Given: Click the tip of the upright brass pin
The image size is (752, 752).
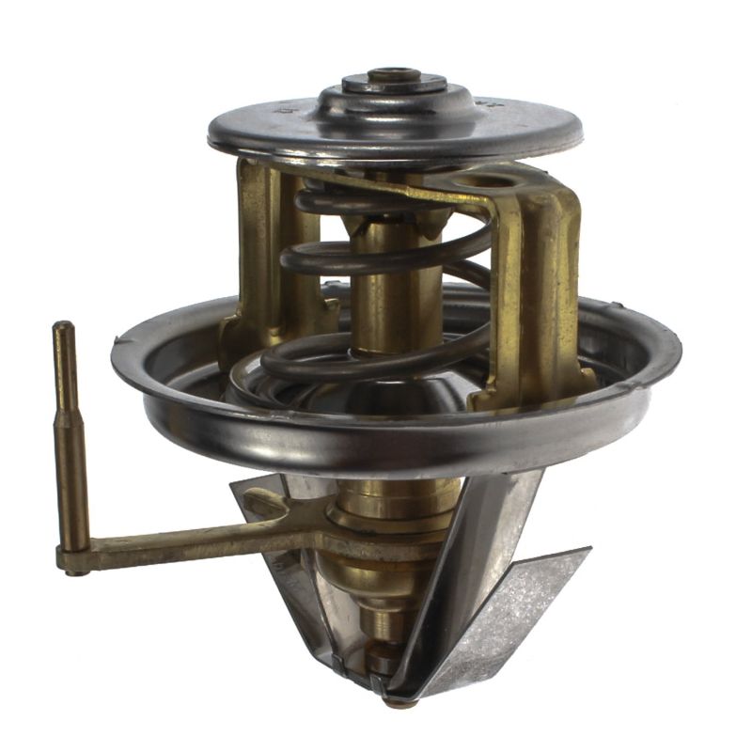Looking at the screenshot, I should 63,328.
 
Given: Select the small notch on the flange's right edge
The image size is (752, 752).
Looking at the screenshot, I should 618,306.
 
